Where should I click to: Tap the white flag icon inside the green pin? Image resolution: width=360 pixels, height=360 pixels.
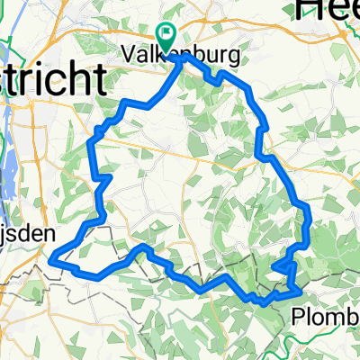[x=166, y=33]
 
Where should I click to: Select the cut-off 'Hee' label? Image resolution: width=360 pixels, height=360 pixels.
[x=328, y=9]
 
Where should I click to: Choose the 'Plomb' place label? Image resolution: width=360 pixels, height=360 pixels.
[x=327, y=316]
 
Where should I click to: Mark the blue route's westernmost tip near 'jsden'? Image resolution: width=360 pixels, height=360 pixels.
[x=52, y=259]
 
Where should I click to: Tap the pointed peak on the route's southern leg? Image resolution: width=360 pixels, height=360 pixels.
[x=143, y=246]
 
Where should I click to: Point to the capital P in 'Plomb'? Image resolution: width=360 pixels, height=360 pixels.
[x=301, y=316]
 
